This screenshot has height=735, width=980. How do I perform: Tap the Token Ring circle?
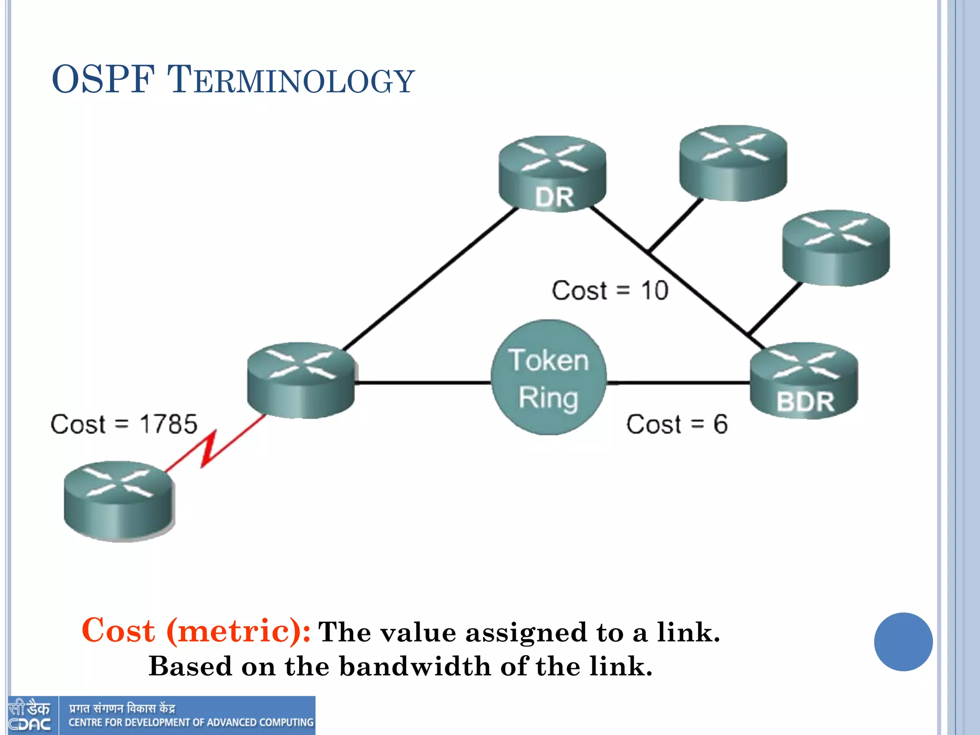(x=548, y=378)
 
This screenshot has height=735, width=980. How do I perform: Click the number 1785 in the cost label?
(x=168, y=424)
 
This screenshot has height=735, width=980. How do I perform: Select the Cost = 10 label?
(x=610, y=290)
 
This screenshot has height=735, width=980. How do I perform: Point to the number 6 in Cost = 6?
(x=720, y=424)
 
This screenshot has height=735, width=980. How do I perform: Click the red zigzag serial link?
(x=209, y=448)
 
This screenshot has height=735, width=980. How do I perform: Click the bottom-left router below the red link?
(x=120, y=501)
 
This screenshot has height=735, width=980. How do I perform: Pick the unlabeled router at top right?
(x=733, y=163)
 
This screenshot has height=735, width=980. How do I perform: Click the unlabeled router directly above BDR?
(x=836, y=248)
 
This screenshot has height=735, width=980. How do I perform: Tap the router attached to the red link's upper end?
(x=301, y=380)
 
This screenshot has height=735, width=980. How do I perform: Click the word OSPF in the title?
(x=103, y=79)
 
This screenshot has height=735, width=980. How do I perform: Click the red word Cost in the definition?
(x=118, y=630)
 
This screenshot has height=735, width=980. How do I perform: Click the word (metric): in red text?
(x=238, y=631)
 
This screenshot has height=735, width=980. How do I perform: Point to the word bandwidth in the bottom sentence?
(x=414, y=666)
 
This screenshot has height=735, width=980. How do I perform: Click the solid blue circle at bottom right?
(x=903, y=642)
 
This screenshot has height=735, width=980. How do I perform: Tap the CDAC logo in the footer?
(x=30, y=716)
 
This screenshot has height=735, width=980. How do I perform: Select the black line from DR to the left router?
(x=431, y=278)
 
